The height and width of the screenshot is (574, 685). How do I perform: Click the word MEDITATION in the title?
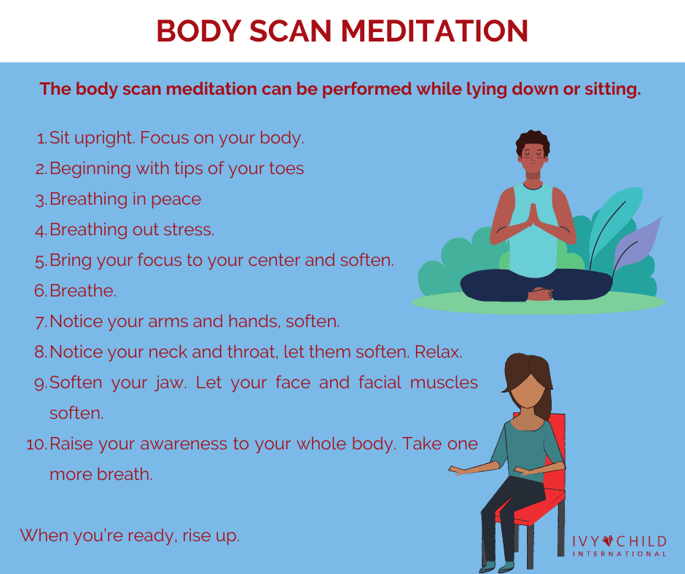pyautogui.click(x=434, y=31)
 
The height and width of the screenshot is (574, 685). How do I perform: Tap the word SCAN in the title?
pyautogui.click(x=291, y=31)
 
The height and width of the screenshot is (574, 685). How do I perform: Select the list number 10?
pyautogui.click(x=36, y=444)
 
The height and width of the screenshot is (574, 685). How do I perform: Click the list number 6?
pyautogui.click(x=40, y=291)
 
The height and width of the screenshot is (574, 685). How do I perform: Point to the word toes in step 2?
pyautogui.click(x=286, y=168)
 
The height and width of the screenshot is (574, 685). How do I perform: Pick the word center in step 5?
pyautogui.click(x=274, y=260)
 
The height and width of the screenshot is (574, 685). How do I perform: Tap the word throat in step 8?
pyautogui.click(x=253, y=352)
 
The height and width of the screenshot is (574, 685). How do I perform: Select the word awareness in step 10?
pyautogui.click(x=184, y=444)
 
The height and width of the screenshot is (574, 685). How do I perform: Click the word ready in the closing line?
pyautogui.click(x=151, y=536)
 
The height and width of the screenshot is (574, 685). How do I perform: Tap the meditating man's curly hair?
pyautogui.click(x=533, y=141)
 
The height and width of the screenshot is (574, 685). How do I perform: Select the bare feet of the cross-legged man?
pyautogui.click(x=541, y=294)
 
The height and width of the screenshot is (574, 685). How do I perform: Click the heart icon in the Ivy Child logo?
pyautogui.click(x=608, y=541)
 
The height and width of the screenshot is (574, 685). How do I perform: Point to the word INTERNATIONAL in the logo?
pyautogui.click(x=619, y=554)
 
